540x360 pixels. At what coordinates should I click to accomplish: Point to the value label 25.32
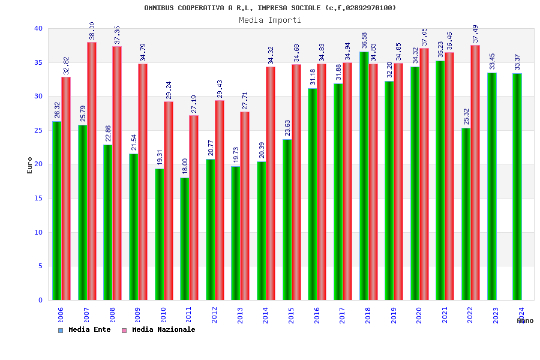[466, 116]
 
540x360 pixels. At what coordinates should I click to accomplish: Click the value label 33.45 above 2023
[492, 61]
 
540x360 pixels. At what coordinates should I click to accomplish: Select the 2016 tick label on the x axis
[317, 315]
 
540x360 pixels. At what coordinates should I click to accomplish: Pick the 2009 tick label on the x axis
[137, 315]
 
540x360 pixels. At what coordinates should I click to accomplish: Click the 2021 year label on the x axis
[445, 315]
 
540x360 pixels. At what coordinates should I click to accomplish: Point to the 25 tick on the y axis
[38, 130]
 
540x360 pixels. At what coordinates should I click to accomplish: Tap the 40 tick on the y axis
[38, 28]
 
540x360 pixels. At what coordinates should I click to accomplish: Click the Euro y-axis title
[30, 165]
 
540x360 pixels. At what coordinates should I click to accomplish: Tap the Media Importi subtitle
[270, 20]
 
